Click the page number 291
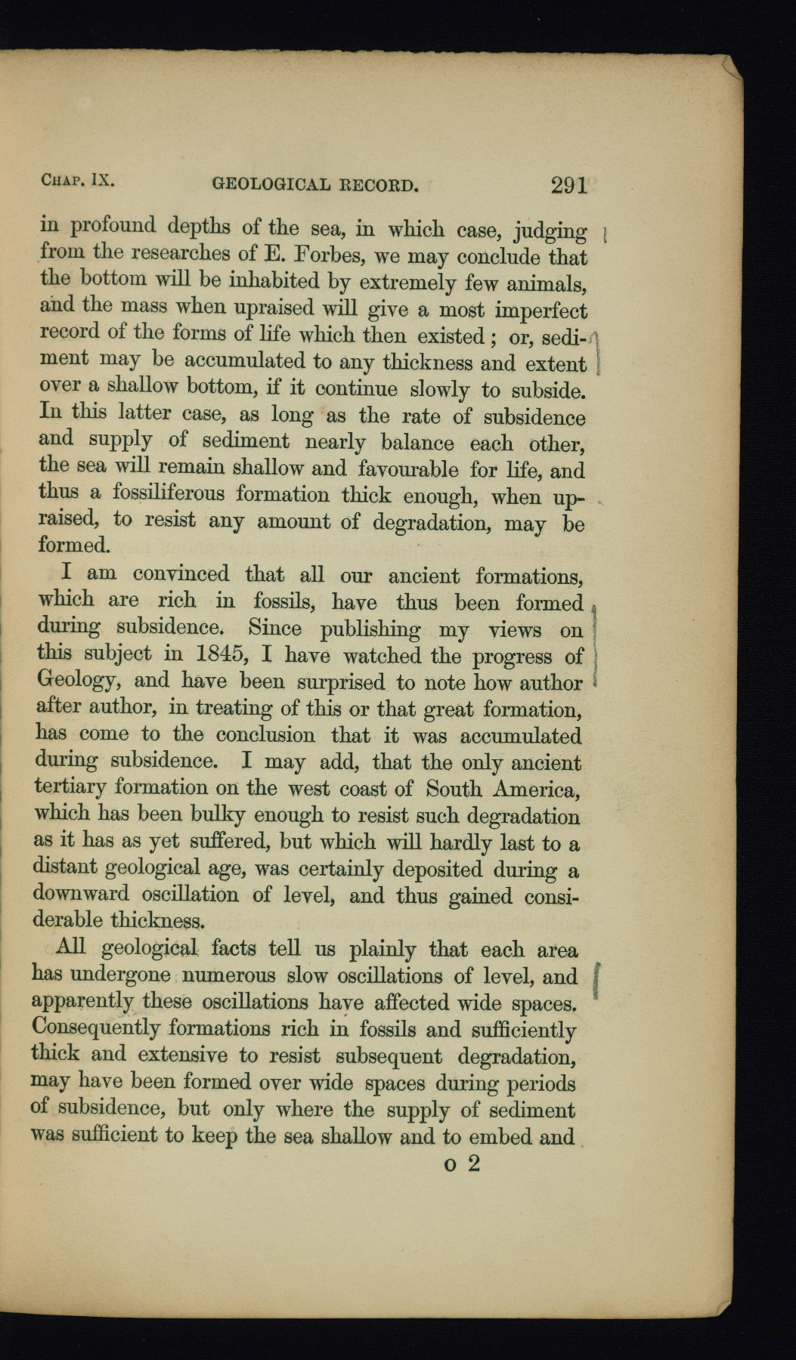(569, 185)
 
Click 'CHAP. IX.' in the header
(77, 181)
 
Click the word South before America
(454, 789)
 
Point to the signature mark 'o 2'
(463, 1164)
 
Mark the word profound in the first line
(113, 226)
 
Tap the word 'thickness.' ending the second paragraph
(157, 921)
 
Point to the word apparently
(83, 1003)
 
